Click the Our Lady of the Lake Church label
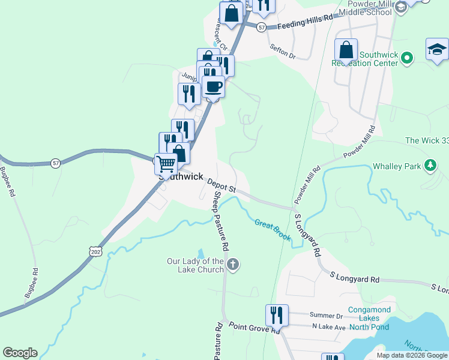click(196, 265)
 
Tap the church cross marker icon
click(233, 264)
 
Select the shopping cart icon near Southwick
click(166, 163)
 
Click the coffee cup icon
click(213, 86)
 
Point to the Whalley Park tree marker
click(430, 165)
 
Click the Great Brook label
click(272, 230)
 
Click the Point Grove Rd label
click(254, 328)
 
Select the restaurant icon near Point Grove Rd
click(277, 314)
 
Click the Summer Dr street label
click(326, 316)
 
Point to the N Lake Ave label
click(328, 326)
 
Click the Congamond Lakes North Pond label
click(369, 319)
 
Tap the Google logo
click(20, 353)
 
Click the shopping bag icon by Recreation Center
click(346, 50)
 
